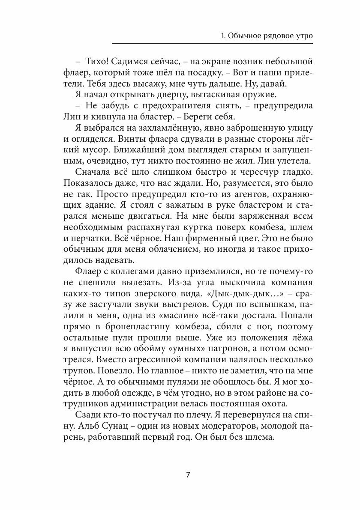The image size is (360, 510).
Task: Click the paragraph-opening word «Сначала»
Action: coord(95,172)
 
